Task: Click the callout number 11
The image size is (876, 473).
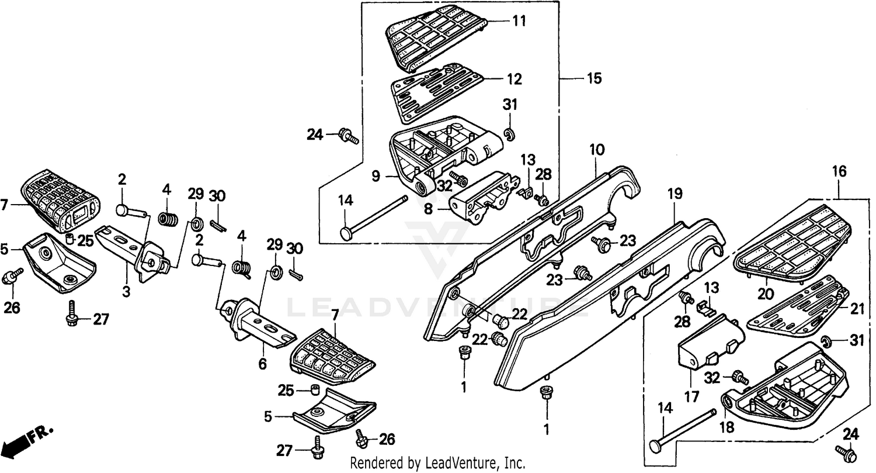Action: (x=519, y=21)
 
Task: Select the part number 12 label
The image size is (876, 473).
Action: (x=515, y=79)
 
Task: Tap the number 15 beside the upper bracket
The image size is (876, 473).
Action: (x=593, y=79)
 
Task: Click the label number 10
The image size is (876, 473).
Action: (x=596, y=149)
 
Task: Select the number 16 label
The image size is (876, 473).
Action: (x=839, y=171)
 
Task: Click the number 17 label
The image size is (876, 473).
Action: (x=691, y=397)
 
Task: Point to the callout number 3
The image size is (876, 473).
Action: (x=126, y=291)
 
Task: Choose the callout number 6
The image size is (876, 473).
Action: (x=262, y=364)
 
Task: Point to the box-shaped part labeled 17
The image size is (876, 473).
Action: (x=710, y=345)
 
